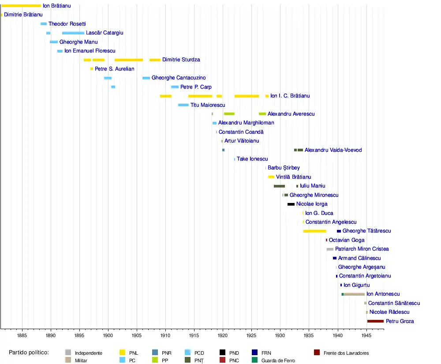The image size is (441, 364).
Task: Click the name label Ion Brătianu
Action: coord(56,6)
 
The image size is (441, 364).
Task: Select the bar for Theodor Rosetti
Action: coord(43,24)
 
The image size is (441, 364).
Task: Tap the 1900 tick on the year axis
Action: coord(108,335)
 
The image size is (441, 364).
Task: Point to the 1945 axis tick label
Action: coord(366,335)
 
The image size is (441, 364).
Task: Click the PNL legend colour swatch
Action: coord(123,353)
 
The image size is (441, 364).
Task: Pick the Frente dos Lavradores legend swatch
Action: coord(317,353)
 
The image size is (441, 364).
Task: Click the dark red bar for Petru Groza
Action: coord(375,321)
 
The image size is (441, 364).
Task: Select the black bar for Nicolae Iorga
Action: coord(291,204)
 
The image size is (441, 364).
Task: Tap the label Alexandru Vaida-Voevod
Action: coord(333,150)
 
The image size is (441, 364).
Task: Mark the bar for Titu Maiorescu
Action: coord(183,105)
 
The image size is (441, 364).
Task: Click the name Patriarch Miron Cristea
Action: coord(362,249)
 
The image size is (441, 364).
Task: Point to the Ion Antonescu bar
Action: coord(354,294)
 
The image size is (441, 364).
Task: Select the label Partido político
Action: coord(29,353)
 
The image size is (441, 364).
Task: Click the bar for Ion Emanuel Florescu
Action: coord(60,51)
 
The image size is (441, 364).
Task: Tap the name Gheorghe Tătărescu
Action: coord(366,231)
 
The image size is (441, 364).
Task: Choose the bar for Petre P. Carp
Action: coord(175,87)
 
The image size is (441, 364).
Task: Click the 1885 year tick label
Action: coord(22,335)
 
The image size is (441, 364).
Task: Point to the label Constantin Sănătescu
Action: coord(394,304)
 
